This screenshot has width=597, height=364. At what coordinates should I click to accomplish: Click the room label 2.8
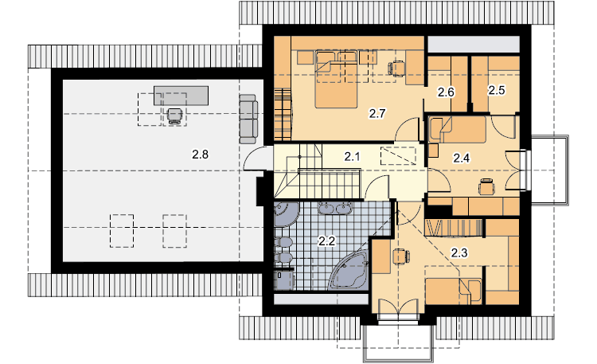pos(200,155)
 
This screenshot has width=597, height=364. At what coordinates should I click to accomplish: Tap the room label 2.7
pos(377,113)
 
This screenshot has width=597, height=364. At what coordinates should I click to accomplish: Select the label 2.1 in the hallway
pos(352,156)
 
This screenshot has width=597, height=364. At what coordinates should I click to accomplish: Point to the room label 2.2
pos(326,241)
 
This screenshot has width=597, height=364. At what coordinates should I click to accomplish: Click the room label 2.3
pos(459,252)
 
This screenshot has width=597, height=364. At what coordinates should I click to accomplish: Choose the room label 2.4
pos(461,158)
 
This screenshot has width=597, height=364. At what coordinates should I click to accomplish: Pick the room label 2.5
pos(497,90)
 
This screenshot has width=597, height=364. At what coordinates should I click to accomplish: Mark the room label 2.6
pos(446,92)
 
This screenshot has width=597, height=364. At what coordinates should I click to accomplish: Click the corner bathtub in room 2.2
pos(349,270)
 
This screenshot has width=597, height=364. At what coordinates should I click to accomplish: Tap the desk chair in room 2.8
pos(174,115)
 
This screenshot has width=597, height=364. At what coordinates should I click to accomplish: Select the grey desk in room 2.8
pos(181,96)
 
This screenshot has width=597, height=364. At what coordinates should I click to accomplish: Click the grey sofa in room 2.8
pos(248,119)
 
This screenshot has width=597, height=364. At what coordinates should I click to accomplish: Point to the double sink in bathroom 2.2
pos(335,208)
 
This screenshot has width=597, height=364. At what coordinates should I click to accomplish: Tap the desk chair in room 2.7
pos(396,68)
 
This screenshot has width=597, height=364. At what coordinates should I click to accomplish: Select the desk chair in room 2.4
pos(486,186)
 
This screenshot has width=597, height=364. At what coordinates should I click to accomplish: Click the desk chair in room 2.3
pos(401,256)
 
